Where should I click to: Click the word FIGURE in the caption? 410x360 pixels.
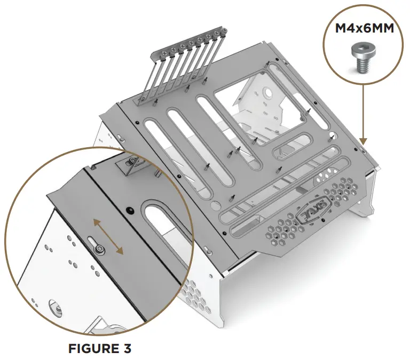click(x=91, y=348)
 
